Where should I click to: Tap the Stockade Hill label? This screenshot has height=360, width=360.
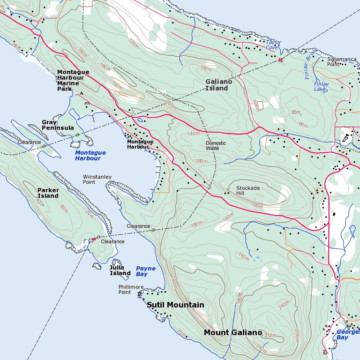click(x=247, y=191)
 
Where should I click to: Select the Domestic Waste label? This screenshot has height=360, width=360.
click(x=216, y=146)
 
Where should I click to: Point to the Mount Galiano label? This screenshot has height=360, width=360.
click(x=232, y=333)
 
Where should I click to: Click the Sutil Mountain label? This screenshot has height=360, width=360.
click(x=175, y=305)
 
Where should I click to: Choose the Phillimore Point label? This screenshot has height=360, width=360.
click(x=131, y=289)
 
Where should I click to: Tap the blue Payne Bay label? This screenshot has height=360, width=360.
click(x=145, y=271)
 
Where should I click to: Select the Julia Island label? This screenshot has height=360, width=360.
click(x=120, y=270)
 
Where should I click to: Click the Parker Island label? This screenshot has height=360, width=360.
click(x=48, y=193)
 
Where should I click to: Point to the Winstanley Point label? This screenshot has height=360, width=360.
click(x=97, y=179)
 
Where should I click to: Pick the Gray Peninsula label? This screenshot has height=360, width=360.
click(x=58, y=125)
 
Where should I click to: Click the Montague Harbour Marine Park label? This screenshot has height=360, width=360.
click(x=70, y=80)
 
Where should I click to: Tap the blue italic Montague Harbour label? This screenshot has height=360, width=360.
click(x=90, y=156)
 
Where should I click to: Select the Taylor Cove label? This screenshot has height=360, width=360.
click(x=273, y=45)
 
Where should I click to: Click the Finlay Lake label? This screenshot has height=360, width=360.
click(x=321, y=87)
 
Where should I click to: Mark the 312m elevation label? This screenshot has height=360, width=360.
click(x=270, y=336)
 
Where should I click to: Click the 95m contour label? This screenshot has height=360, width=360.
click(x=296, y=112)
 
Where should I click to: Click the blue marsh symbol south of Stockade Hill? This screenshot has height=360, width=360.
click(x=257, y=259)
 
